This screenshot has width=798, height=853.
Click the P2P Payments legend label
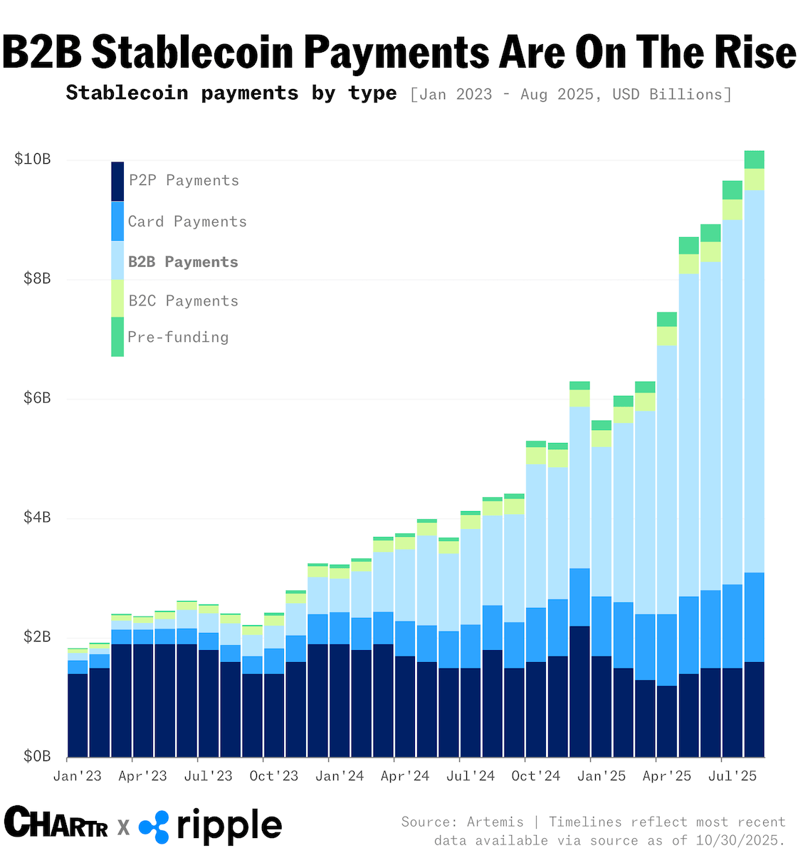pyautogui.click(x=184, y=181)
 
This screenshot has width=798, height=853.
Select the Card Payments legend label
pyautogui.click(x=187, y=221)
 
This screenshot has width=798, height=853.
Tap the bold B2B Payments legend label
pyautogui.click(x=183, y=262)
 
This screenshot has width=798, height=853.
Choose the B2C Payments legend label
pyautogui.click(x=183, y=301)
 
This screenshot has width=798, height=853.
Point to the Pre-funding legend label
pyautogui.click(x=178, y=337)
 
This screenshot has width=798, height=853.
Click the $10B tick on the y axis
pyautogui.click(x=33, y=159)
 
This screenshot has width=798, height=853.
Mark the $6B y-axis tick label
pyautogui.click(x=33, y=398)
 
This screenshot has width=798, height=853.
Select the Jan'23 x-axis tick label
pyautogui.click(x=78, y=776)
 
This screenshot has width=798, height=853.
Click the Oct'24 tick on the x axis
pyautogui.click(x=536, y=776)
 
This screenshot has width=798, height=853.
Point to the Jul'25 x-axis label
pyautogui.click(x=733, y=776)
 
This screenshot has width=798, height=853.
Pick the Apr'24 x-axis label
pyautogui.click(x=405, y=776)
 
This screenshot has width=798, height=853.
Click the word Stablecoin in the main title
pyautogui.click(x=192, y=53)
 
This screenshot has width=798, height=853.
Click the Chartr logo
pyautogui.click(x=56, y=825)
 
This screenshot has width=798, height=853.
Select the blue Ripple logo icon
pyautogui.click(x=154, y=827)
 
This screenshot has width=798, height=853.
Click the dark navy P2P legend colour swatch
pyautogui.click(x=117, y=182)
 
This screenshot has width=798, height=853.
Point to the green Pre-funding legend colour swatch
pyautogui.click(x=117, y=337)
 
